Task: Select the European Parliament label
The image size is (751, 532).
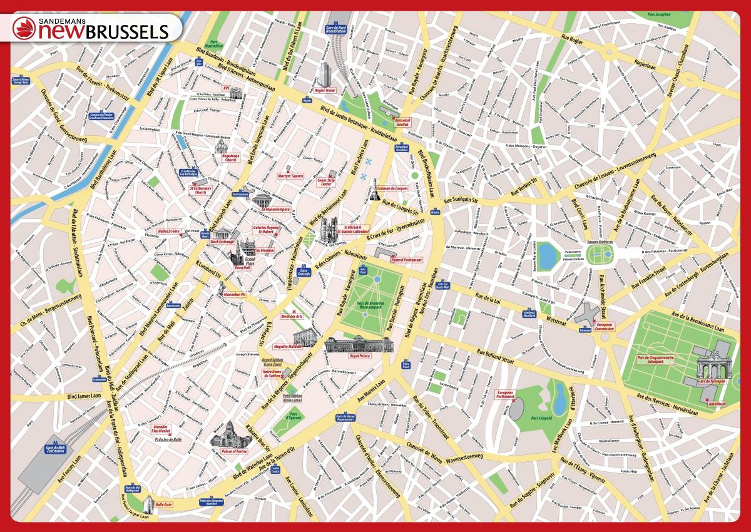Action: (x=504, y=394)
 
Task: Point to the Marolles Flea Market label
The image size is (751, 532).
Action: (x=161, y=429)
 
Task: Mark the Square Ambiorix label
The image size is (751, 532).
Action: (x=599, y=240)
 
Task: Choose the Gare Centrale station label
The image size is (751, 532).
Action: (x=304, y=272)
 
